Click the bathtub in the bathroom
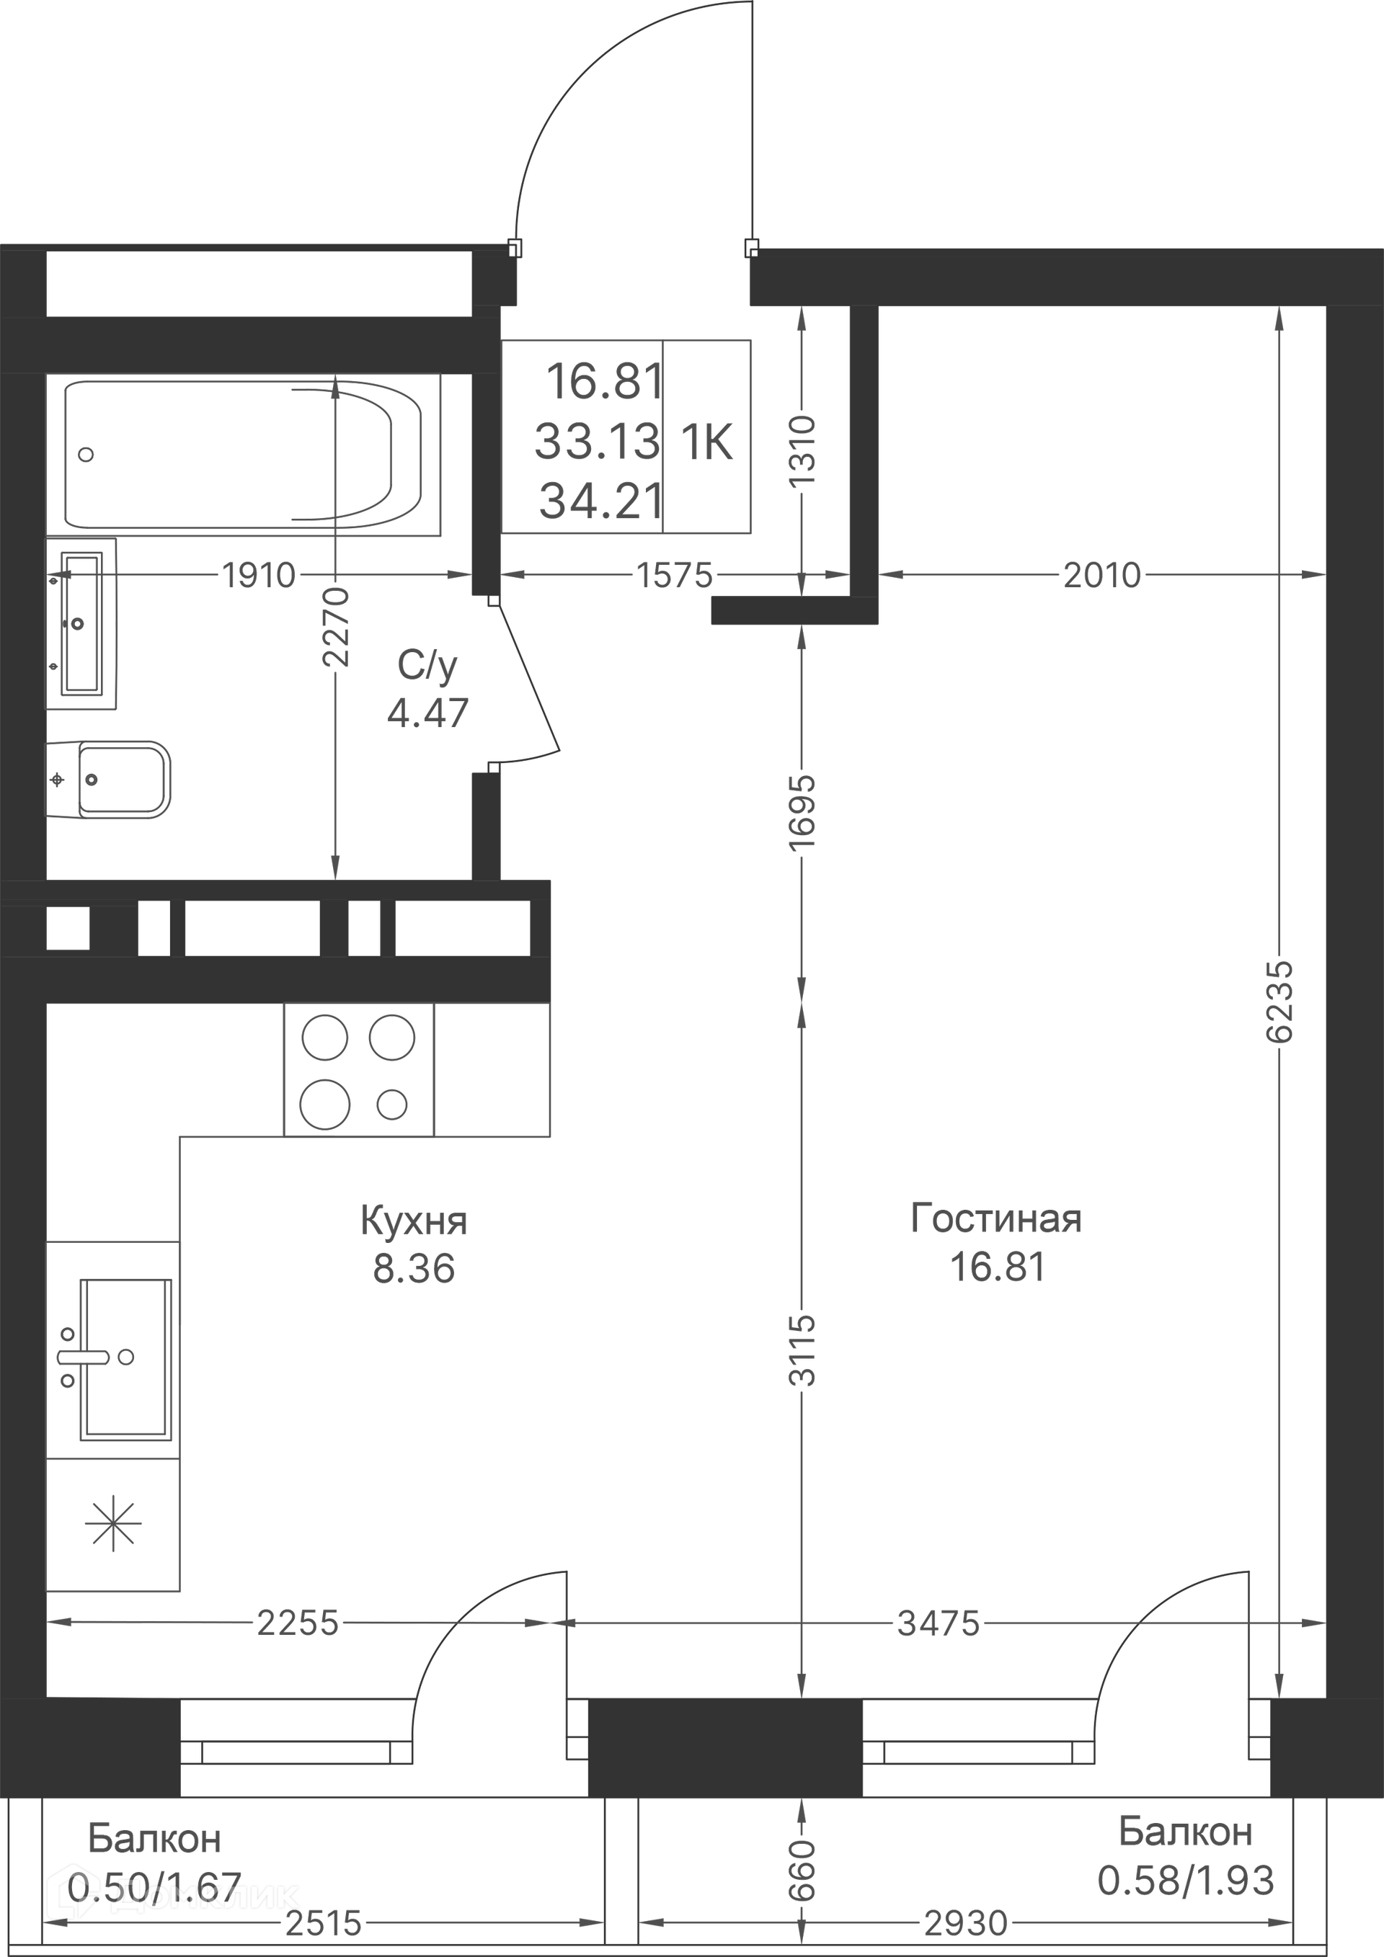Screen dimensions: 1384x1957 243,454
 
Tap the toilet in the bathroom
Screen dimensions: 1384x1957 108,779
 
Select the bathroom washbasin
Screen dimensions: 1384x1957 81,623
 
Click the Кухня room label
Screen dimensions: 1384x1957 414,1221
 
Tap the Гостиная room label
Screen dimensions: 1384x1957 996,1219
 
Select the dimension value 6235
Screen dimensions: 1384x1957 1279,1002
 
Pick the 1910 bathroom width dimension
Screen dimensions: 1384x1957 258,575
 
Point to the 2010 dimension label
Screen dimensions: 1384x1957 1101,575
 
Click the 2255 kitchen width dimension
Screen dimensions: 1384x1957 298,1623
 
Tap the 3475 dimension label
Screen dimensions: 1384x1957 938,1623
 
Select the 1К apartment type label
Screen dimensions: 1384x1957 707,442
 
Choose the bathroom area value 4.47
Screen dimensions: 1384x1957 428,713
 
